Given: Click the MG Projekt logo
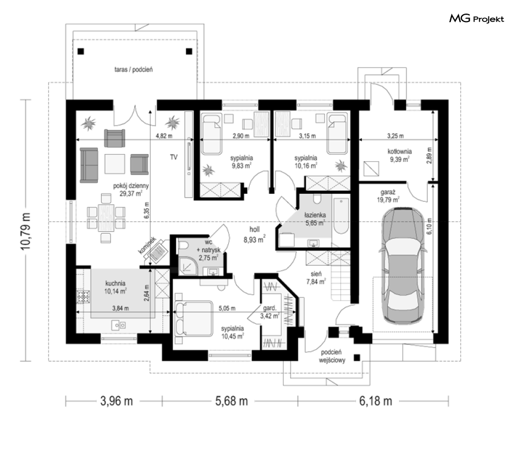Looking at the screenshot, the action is (476, 19).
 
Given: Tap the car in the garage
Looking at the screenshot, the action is (403, 265).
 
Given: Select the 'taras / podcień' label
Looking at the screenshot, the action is (134, 70).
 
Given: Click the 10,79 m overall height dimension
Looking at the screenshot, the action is (26, 231).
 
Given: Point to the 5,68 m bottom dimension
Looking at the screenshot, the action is (231, 401).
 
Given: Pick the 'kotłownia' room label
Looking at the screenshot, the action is (400, 151).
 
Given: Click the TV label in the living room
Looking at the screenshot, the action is (174, 157).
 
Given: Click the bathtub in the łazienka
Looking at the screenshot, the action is (341, 216).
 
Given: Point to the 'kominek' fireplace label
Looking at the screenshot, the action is (147, 245).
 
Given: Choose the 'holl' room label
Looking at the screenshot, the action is (254, 229).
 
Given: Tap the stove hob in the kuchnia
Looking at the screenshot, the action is (83, 297).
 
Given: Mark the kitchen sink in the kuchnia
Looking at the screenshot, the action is (119, 325).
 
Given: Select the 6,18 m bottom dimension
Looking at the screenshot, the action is (375, 401).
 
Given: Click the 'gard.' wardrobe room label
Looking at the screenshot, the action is (270, 308).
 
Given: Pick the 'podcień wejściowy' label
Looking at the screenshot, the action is (332, 356).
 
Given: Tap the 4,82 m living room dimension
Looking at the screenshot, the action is (164, 136).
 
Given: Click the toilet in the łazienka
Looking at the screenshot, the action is (317, 199).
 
